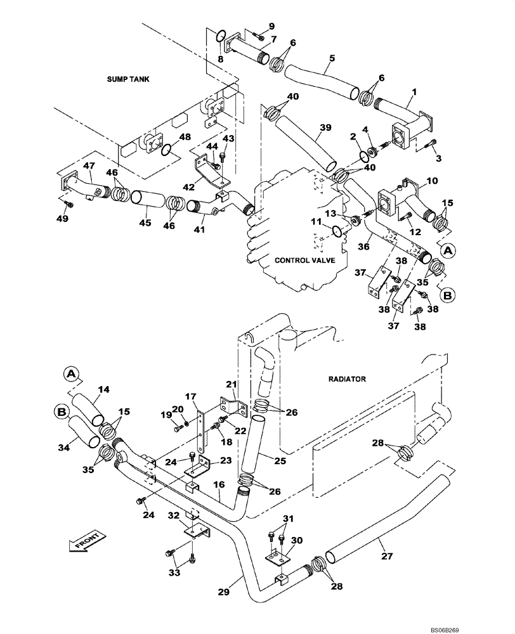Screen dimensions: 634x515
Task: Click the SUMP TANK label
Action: click(x=131, y=79)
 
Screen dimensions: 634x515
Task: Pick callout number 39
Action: click(x=325, y=127)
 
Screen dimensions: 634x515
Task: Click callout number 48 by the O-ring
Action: click(x=184, y=137)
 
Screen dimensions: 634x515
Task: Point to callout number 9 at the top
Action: click(x=271, y=26)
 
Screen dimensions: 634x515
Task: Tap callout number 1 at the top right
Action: click(x=413, y=93)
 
